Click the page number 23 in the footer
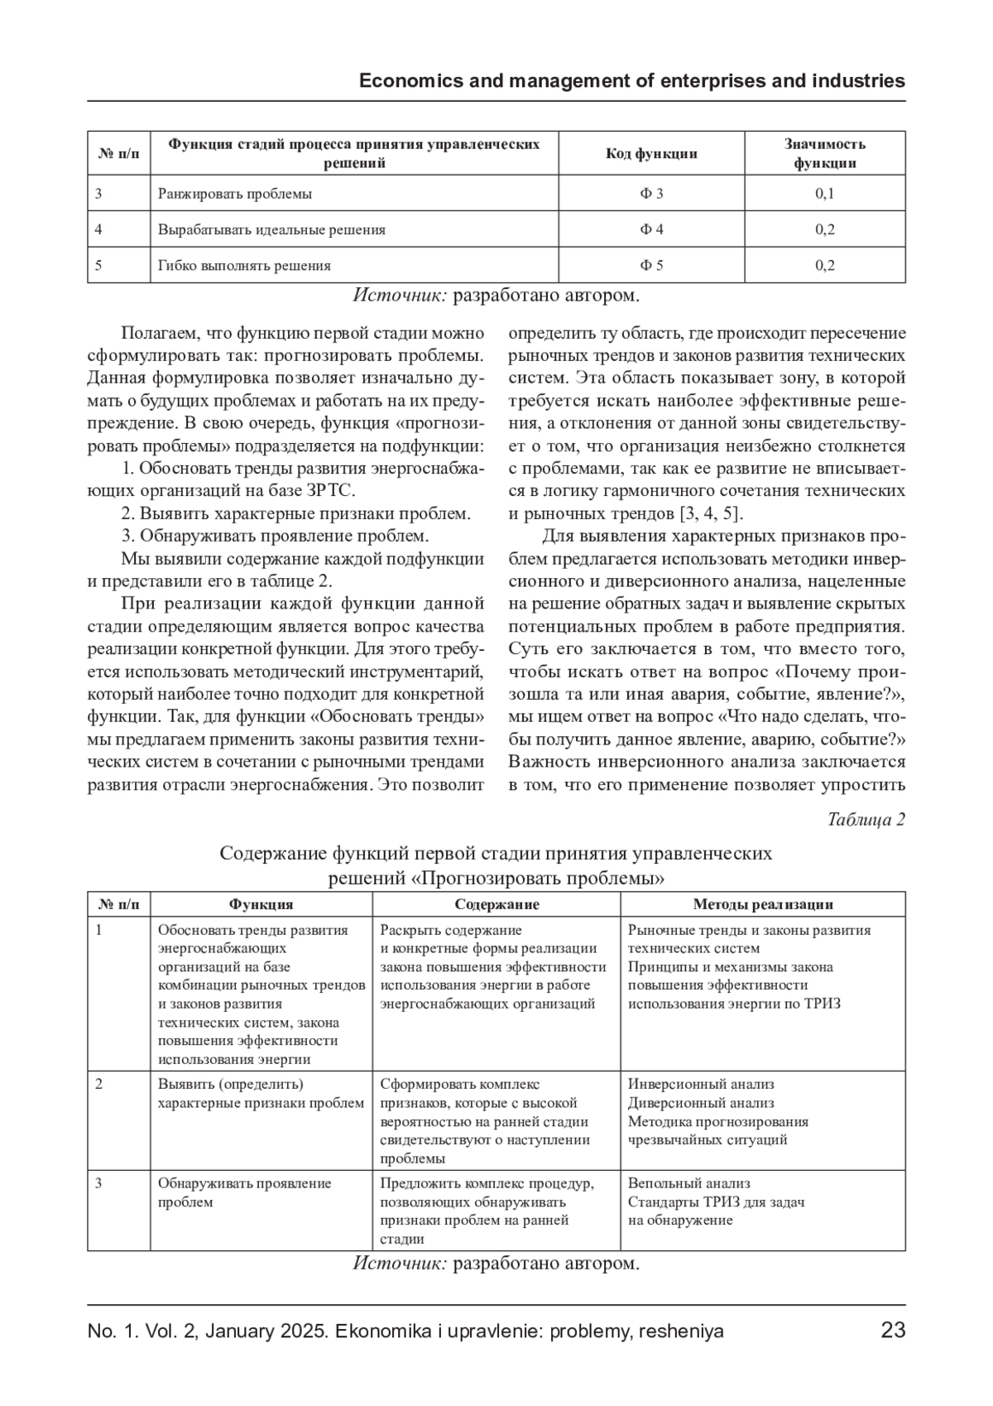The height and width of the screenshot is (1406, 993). pos(893,1331)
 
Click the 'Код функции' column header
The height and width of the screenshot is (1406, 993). pos(651,153)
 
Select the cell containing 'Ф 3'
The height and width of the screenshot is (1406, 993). pos(651,194)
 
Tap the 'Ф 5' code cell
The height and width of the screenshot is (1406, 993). pos(651,265)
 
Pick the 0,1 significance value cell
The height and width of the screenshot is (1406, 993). pos(824,194)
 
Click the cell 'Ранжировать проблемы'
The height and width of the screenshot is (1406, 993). pos(235,194)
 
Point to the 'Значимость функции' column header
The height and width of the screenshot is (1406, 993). pos(824,153)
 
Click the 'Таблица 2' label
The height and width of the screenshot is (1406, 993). pos(866,820)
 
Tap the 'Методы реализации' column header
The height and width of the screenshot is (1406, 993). pos(762,905)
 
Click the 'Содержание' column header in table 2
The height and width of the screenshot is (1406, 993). pos(496,905)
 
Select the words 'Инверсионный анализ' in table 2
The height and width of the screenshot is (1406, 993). pos(701,1084)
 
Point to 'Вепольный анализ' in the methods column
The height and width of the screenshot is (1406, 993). pos(688,1183)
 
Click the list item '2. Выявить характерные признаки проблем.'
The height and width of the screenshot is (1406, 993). pos(296,513)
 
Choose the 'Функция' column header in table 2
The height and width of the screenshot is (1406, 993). pos(261,905)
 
